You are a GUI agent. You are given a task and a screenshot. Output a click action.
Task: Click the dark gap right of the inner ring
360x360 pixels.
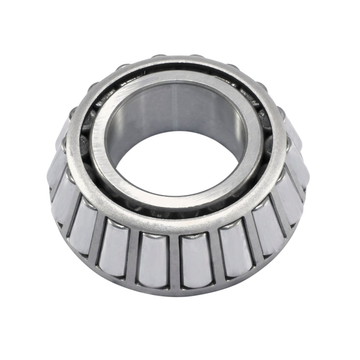265,135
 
